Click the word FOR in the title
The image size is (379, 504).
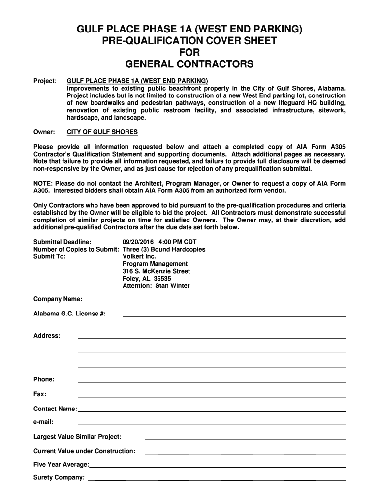coord(189,52)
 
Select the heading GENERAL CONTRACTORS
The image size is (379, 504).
coord(189,64)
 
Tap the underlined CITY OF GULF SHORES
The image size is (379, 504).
coord(102,132)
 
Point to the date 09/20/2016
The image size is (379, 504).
coord(138,242)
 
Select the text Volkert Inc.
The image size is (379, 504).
coord(139,256)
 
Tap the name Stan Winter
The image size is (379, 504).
coord(172,286)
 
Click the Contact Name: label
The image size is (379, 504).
coord(55,409)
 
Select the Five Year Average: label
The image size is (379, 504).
coord(62,464)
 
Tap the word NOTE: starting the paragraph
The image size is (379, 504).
coord(43,183)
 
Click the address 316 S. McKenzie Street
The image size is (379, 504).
coord(156,271)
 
